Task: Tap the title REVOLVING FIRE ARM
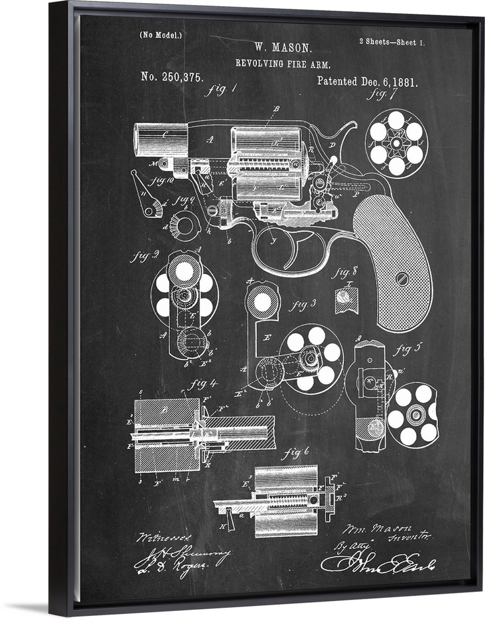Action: (282, 63)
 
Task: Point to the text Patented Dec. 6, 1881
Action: (367, 81)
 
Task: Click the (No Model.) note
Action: (161, 35)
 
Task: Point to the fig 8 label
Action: (344, 271)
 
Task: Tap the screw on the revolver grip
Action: (403, 277)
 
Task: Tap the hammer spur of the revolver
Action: (351, 127)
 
